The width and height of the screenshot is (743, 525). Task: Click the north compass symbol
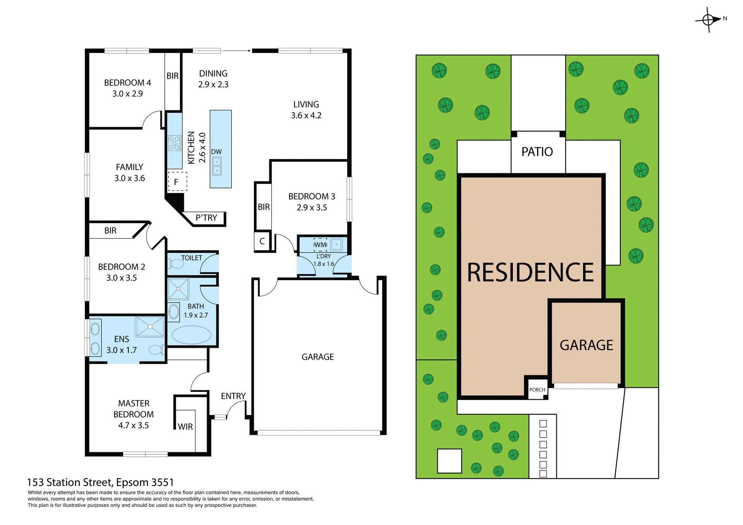[x=709, y=19]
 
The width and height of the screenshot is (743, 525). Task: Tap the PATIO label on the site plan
[x=537, y=152]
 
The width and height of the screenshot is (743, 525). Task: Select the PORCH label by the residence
[x=537, y=390]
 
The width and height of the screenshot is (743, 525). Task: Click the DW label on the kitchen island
[x=216, y=152]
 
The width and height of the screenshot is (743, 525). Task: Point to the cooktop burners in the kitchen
[x=175, y=143]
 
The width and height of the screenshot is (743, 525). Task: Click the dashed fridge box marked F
[x=177, y=182]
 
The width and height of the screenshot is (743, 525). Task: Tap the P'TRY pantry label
[x=206, y=218]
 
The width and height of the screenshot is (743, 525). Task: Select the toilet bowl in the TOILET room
[x=177, y=264]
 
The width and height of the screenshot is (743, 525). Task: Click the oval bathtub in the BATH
[x=191, y=335]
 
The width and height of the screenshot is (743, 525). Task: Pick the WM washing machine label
[x=320, y=245]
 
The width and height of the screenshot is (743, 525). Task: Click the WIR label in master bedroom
[x=185, y=427]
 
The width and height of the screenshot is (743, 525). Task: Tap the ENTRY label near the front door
[x=233, y=396]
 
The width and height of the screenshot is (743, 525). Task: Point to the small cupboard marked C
[x=262, y=241]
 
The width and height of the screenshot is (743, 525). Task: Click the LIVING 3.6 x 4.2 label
[x=306, y=110]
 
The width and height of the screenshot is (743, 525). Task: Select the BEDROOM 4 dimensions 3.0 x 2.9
[x=127, y=94]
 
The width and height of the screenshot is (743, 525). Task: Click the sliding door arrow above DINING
[x=236, y=51]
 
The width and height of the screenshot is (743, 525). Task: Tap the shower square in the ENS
[x=150, y=327]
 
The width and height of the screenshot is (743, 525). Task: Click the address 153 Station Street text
[x=100, y=482]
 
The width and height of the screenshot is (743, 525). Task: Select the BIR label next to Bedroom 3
[x=264, y=207]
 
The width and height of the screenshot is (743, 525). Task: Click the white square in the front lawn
[x=449, y=461]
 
